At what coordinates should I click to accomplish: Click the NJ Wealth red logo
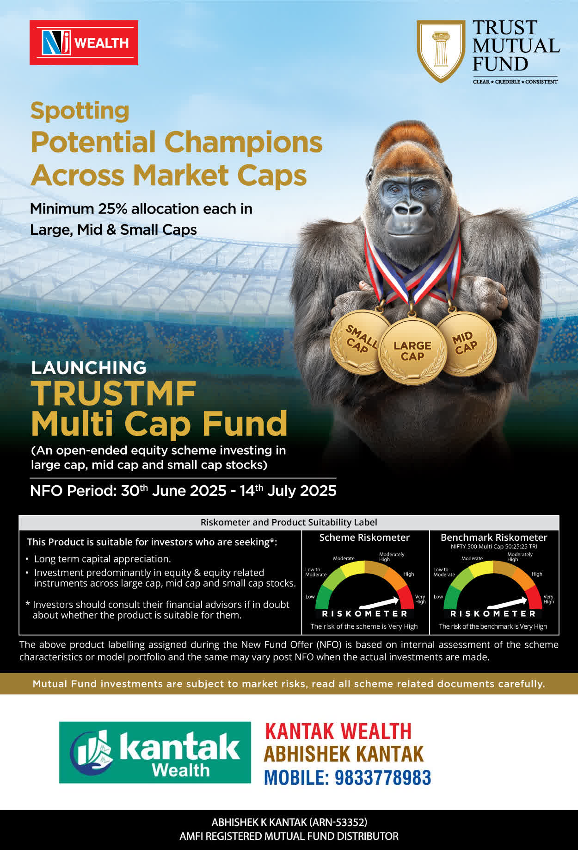[84, 43]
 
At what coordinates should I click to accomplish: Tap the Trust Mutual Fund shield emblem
[441, 51]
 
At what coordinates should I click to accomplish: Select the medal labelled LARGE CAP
[412, 351]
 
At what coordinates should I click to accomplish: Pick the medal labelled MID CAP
[466, 343]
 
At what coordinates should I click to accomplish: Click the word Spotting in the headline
[80, 112]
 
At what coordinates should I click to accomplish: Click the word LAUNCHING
[89, 368]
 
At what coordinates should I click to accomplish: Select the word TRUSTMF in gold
[114, 394]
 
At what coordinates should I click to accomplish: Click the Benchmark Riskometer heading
[494, 537]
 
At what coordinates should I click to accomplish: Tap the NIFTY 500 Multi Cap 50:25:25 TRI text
[494, 547]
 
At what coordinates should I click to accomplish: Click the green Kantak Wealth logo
[155, 752]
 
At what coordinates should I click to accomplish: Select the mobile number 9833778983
[382, 777]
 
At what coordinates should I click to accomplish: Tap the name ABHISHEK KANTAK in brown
[344, 754]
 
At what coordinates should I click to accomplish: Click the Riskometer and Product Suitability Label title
[289, 522]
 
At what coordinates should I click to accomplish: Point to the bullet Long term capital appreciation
[103, 559]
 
